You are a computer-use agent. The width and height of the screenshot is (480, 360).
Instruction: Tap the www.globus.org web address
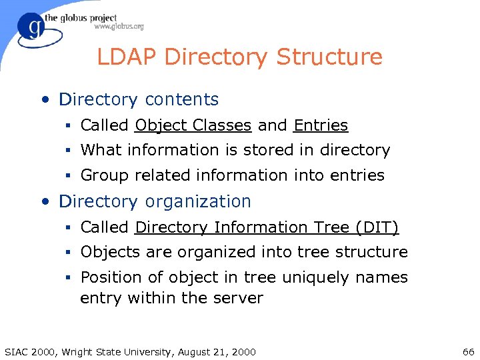[119, 27]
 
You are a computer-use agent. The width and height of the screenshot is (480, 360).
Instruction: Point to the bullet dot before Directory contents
[44, 100]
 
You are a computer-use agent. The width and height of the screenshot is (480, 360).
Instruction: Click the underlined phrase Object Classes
[193, 125]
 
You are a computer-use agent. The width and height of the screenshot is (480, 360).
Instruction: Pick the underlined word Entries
[321, 125]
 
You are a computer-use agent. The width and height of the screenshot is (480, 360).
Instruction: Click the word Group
[105, 175]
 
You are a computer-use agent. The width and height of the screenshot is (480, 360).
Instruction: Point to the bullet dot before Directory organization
[44, 202]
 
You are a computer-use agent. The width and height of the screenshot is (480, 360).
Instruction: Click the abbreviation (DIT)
[377, 227]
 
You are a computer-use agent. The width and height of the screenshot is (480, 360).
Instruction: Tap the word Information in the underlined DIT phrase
[259, 227]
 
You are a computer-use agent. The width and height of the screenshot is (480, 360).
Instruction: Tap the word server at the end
[238, 298]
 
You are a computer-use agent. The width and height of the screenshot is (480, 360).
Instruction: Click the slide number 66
[467, 351]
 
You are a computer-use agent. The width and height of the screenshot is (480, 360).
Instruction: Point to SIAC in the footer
[17, 351]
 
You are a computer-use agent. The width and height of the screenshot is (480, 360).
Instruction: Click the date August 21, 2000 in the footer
[221, 351]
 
